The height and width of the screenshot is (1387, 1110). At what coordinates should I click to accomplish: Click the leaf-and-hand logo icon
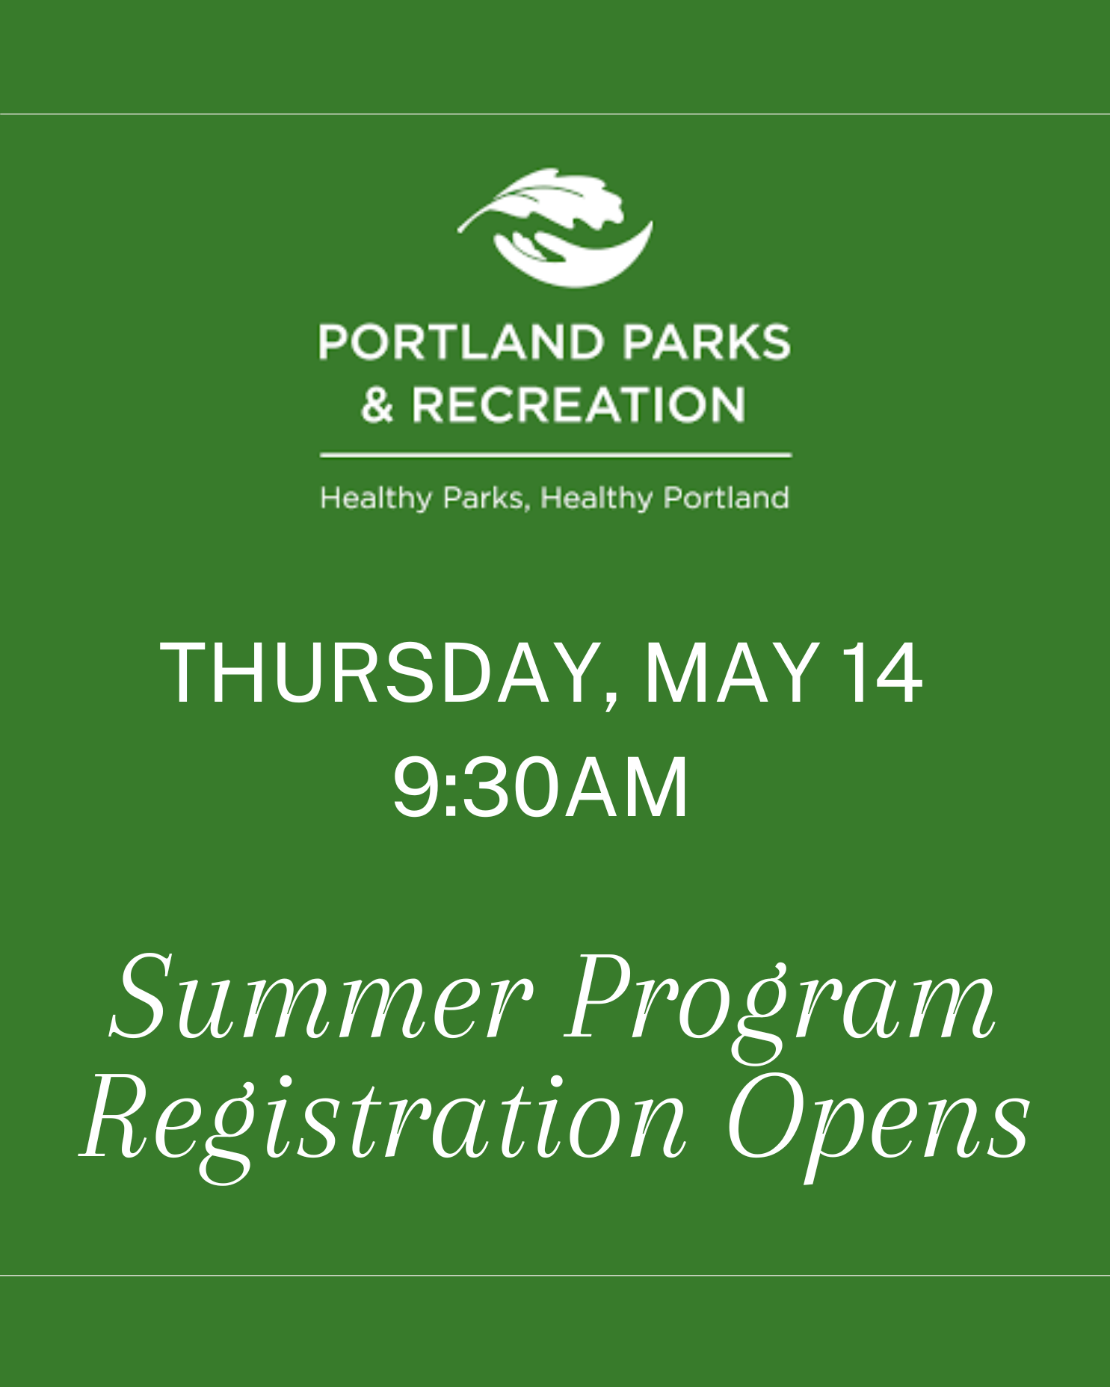tap(555, 228)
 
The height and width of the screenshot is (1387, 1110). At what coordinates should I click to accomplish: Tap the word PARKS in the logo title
tap(706, 342)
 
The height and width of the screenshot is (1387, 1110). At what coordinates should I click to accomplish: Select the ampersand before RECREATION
tap(377, 405)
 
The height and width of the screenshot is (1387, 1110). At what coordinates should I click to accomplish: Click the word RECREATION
tap(579, 405)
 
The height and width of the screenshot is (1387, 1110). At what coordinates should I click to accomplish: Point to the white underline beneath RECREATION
tap(555, 454)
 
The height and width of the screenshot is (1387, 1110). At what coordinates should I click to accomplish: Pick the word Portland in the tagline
tap(727, 498)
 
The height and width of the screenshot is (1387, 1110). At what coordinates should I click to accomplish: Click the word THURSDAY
tap(377, 674)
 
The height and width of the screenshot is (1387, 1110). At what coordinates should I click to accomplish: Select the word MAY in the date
tap(729, 674)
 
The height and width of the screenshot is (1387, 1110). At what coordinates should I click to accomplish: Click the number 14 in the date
tap(882, 674)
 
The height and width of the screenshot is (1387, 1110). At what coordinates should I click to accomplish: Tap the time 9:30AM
tap(540, 789)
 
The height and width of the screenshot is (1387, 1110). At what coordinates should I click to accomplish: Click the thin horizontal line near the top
tap(555, 114)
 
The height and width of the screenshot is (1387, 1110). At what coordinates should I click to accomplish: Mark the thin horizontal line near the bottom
tap(555, 1275)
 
